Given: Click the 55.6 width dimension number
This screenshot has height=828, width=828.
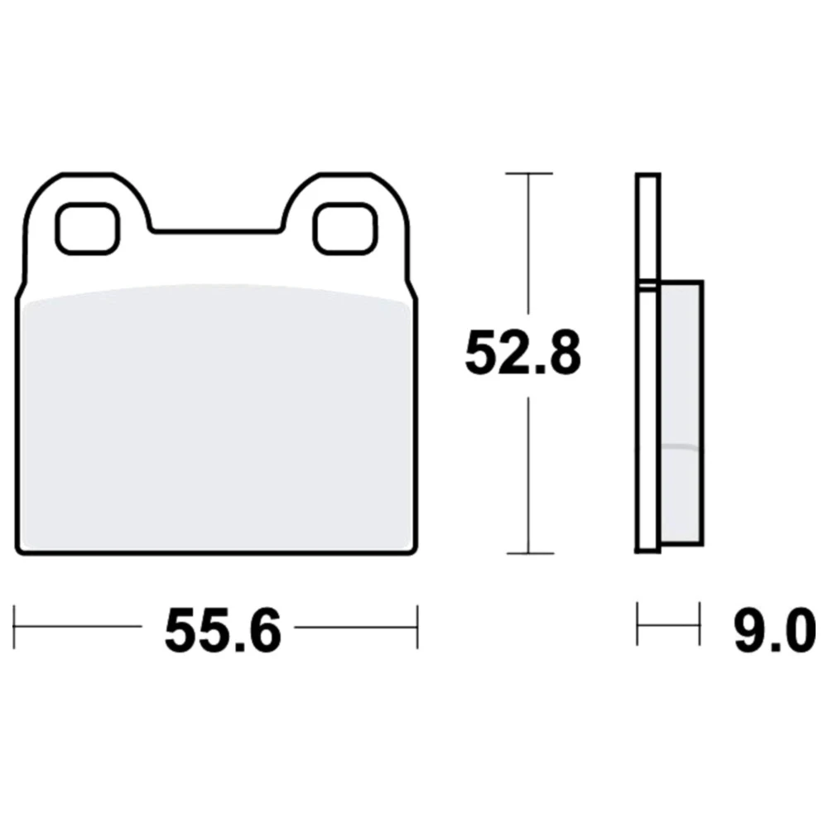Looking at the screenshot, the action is pyautogui.click(x=223, y=630).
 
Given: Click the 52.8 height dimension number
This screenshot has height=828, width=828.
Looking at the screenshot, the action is pyautogui.click(x=522, y=353).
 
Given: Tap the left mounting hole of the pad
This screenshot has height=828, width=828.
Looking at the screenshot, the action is pyautogui.click(x=88, y=229).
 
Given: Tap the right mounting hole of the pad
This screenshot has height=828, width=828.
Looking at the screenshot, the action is pyautogui.click(x=346, y=229).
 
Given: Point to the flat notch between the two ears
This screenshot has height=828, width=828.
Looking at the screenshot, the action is pyautogui.click(x=216, y=231).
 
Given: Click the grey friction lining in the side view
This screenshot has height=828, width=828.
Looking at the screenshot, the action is pyautogui.click(x=681, y=412).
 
